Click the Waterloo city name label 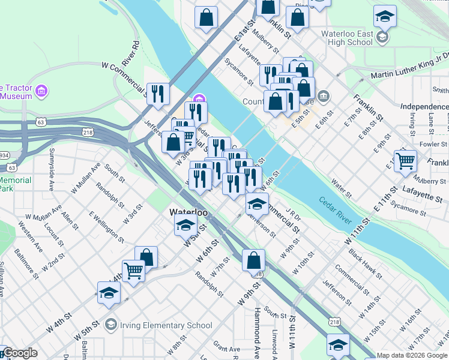[x=188, y=212]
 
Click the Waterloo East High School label [x=347, y=38]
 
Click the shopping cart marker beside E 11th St [x=406, y=160]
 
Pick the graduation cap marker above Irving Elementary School [x=109, y=292]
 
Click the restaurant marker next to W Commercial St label [x=158, y=93]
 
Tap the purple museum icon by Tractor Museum [x=41, y=91]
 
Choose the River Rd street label [x=130, y=54]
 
